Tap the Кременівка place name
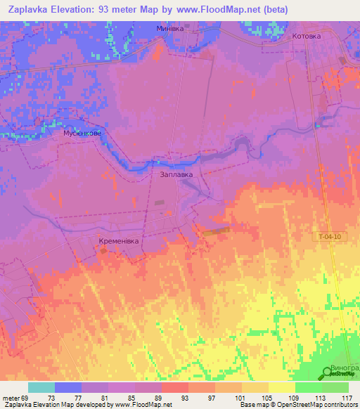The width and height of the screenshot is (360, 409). tap(119, 240)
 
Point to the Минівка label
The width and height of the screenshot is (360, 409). tap(169, 29)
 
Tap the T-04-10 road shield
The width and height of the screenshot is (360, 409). tap(329, 237)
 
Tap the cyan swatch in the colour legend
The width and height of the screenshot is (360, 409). tap(41, 387)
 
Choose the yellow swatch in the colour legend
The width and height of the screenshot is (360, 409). tap(281, 387)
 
